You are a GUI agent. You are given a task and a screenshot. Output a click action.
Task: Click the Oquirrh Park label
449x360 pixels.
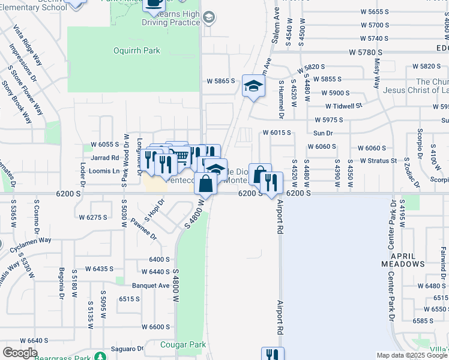[137, 51]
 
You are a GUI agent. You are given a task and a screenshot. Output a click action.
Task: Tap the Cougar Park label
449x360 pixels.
[183, 345]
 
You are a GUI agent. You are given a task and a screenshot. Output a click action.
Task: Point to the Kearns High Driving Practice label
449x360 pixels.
[171, 17]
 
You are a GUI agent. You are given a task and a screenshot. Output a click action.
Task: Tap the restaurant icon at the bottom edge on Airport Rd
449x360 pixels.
[272, 355]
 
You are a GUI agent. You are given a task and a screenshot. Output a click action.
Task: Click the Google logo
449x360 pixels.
[20, 353]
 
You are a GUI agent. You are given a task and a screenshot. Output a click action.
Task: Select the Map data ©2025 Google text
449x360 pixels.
[411, 355]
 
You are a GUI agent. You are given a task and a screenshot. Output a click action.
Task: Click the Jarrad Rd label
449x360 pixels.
[106, 158]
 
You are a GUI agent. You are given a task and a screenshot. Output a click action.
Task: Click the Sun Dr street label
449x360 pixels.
[322, 133]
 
